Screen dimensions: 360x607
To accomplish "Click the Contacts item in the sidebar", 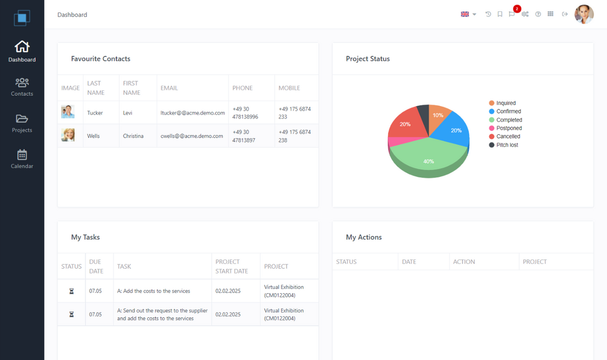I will click(22, 86).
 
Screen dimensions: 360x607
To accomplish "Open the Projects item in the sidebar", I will click(22, 123).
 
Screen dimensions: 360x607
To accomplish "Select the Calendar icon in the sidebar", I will click(22, 155).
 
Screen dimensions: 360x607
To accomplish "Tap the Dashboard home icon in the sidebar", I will click(22, 47).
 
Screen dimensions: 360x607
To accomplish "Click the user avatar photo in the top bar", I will click(584, 15).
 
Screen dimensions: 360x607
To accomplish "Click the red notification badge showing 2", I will click(517, 9).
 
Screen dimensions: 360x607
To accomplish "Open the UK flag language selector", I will click(468, 14).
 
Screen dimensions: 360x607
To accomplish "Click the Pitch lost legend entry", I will click(507, 145).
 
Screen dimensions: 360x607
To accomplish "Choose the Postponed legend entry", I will click(509, 128).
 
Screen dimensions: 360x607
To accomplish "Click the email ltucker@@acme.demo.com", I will click(193, 113).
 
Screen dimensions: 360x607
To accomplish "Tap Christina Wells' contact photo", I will click(68, 135).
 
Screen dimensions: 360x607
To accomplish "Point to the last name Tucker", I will click(95, 113).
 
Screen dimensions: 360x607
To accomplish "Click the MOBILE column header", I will click(289, 88).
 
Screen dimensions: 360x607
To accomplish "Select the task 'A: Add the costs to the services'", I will click(153, 291).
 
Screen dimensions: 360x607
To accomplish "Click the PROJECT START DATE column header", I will click(232, 266).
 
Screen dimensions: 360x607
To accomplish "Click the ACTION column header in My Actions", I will click(464, 262).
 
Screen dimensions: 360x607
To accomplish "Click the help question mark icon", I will click(538, 15).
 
